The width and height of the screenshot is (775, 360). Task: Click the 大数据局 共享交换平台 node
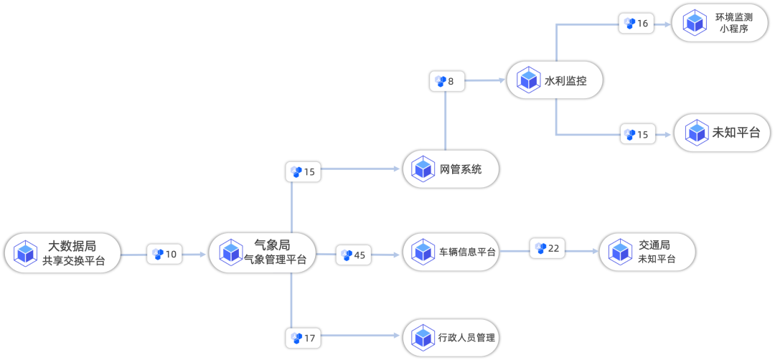tap(62, 252)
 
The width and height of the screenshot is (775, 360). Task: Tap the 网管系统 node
tap(451, 169)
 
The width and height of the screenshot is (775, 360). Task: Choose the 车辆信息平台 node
tap(451, 252)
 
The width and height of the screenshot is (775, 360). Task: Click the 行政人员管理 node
tap(451, 337)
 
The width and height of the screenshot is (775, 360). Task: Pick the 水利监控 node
tap(554, 80)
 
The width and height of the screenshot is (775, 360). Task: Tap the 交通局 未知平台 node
tap(647, 252)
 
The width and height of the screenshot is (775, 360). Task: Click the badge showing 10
tap(165, 254)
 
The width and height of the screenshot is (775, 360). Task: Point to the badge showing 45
tap(354, 255)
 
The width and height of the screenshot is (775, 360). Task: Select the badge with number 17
tap(303, 337)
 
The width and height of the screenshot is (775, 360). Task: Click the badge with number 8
tap(446, 81)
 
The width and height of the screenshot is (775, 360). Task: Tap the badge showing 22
tap(548, 248)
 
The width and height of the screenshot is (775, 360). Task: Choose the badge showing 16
tap(637, 24)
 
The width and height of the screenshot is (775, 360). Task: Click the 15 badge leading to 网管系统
tap(303, 172)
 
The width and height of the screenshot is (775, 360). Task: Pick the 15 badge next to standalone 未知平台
tap(637, 134)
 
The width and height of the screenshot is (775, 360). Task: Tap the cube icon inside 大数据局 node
tap(26, 252)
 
